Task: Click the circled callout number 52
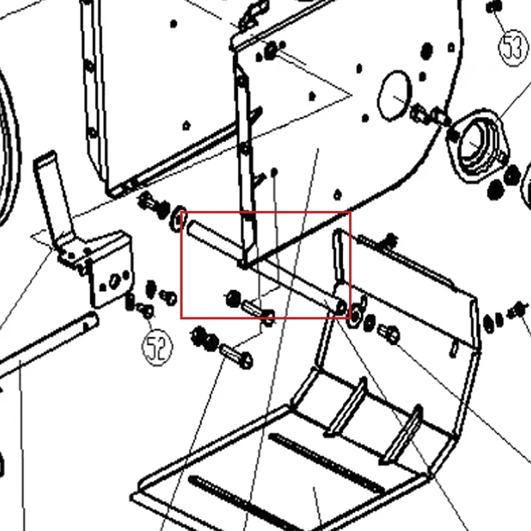(x=157, y=347)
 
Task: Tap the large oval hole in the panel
(x=394, y=96)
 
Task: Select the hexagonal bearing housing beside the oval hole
(x=477, y=145)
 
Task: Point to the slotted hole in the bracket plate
(x=114, y=280)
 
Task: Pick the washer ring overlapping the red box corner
(x=178, y=219)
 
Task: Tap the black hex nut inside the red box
(x=233, y=299)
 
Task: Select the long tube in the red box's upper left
(x=215, y=241)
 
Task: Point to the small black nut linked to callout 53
(x=494, y=7)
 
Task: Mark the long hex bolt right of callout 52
(x=236, y=356)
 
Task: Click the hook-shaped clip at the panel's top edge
(x=254, y=15)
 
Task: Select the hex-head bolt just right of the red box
(x=388, y=335)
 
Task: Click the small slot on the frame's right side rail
(x=454, y=350)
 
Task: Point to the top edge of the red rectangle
(x=266, y=212)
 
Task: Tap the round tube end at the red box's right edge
(x=341, y=307)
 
